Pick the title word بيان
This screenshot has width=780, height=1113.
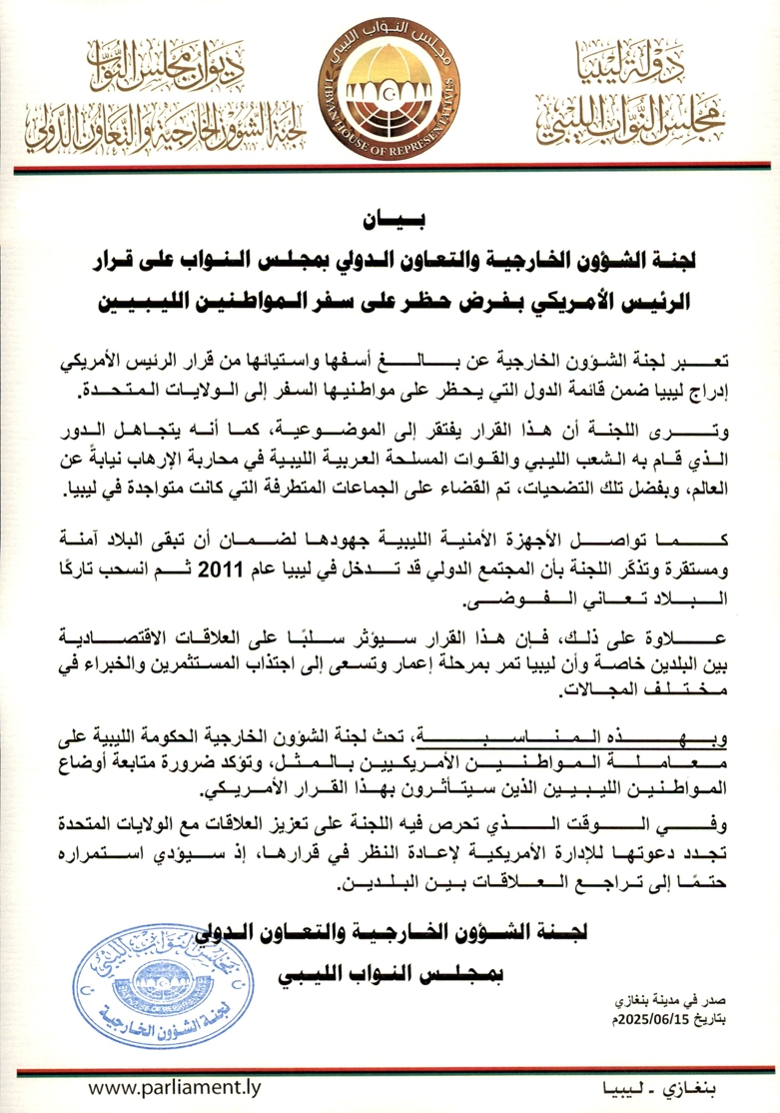coord(389,215)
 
